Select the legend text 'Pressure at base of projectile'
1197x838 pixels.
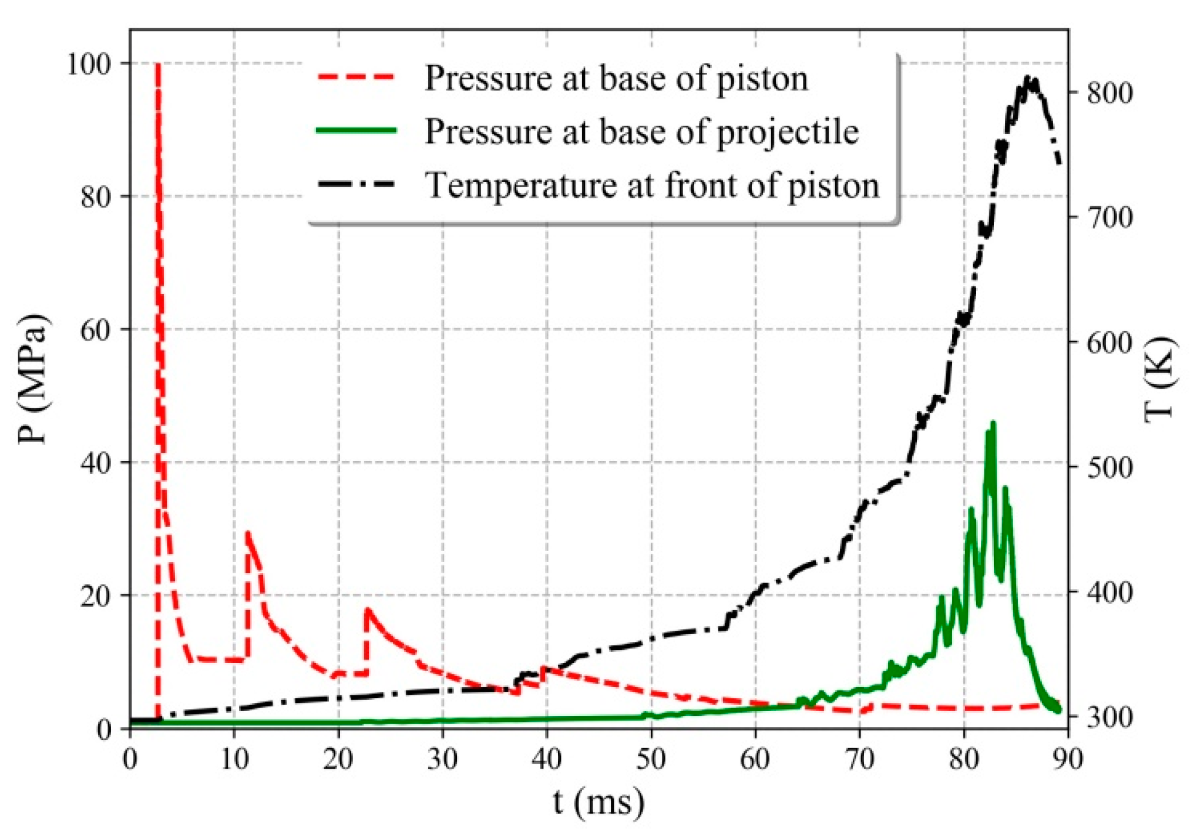tap(641, 131)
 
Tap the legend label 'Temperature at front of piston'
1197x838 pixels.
tap(652, 185)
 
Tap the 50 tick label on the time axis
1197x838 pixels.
tap(651, 759)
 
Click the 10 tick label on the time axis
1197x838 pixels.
tap(234, 759)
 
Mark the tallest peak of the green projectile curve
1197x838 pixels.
tap(993, 423)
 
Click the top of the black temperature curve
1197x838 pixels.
tap(1028, 78)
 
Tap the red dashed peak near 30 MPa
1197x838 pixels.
tap(248, 533)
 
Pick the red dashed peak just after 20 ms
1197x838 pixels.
tap(368, 610)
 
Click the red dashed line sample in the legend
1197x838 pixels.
tap(356, 77)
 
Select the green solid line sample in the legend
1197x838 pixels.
tap(356, 130)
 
